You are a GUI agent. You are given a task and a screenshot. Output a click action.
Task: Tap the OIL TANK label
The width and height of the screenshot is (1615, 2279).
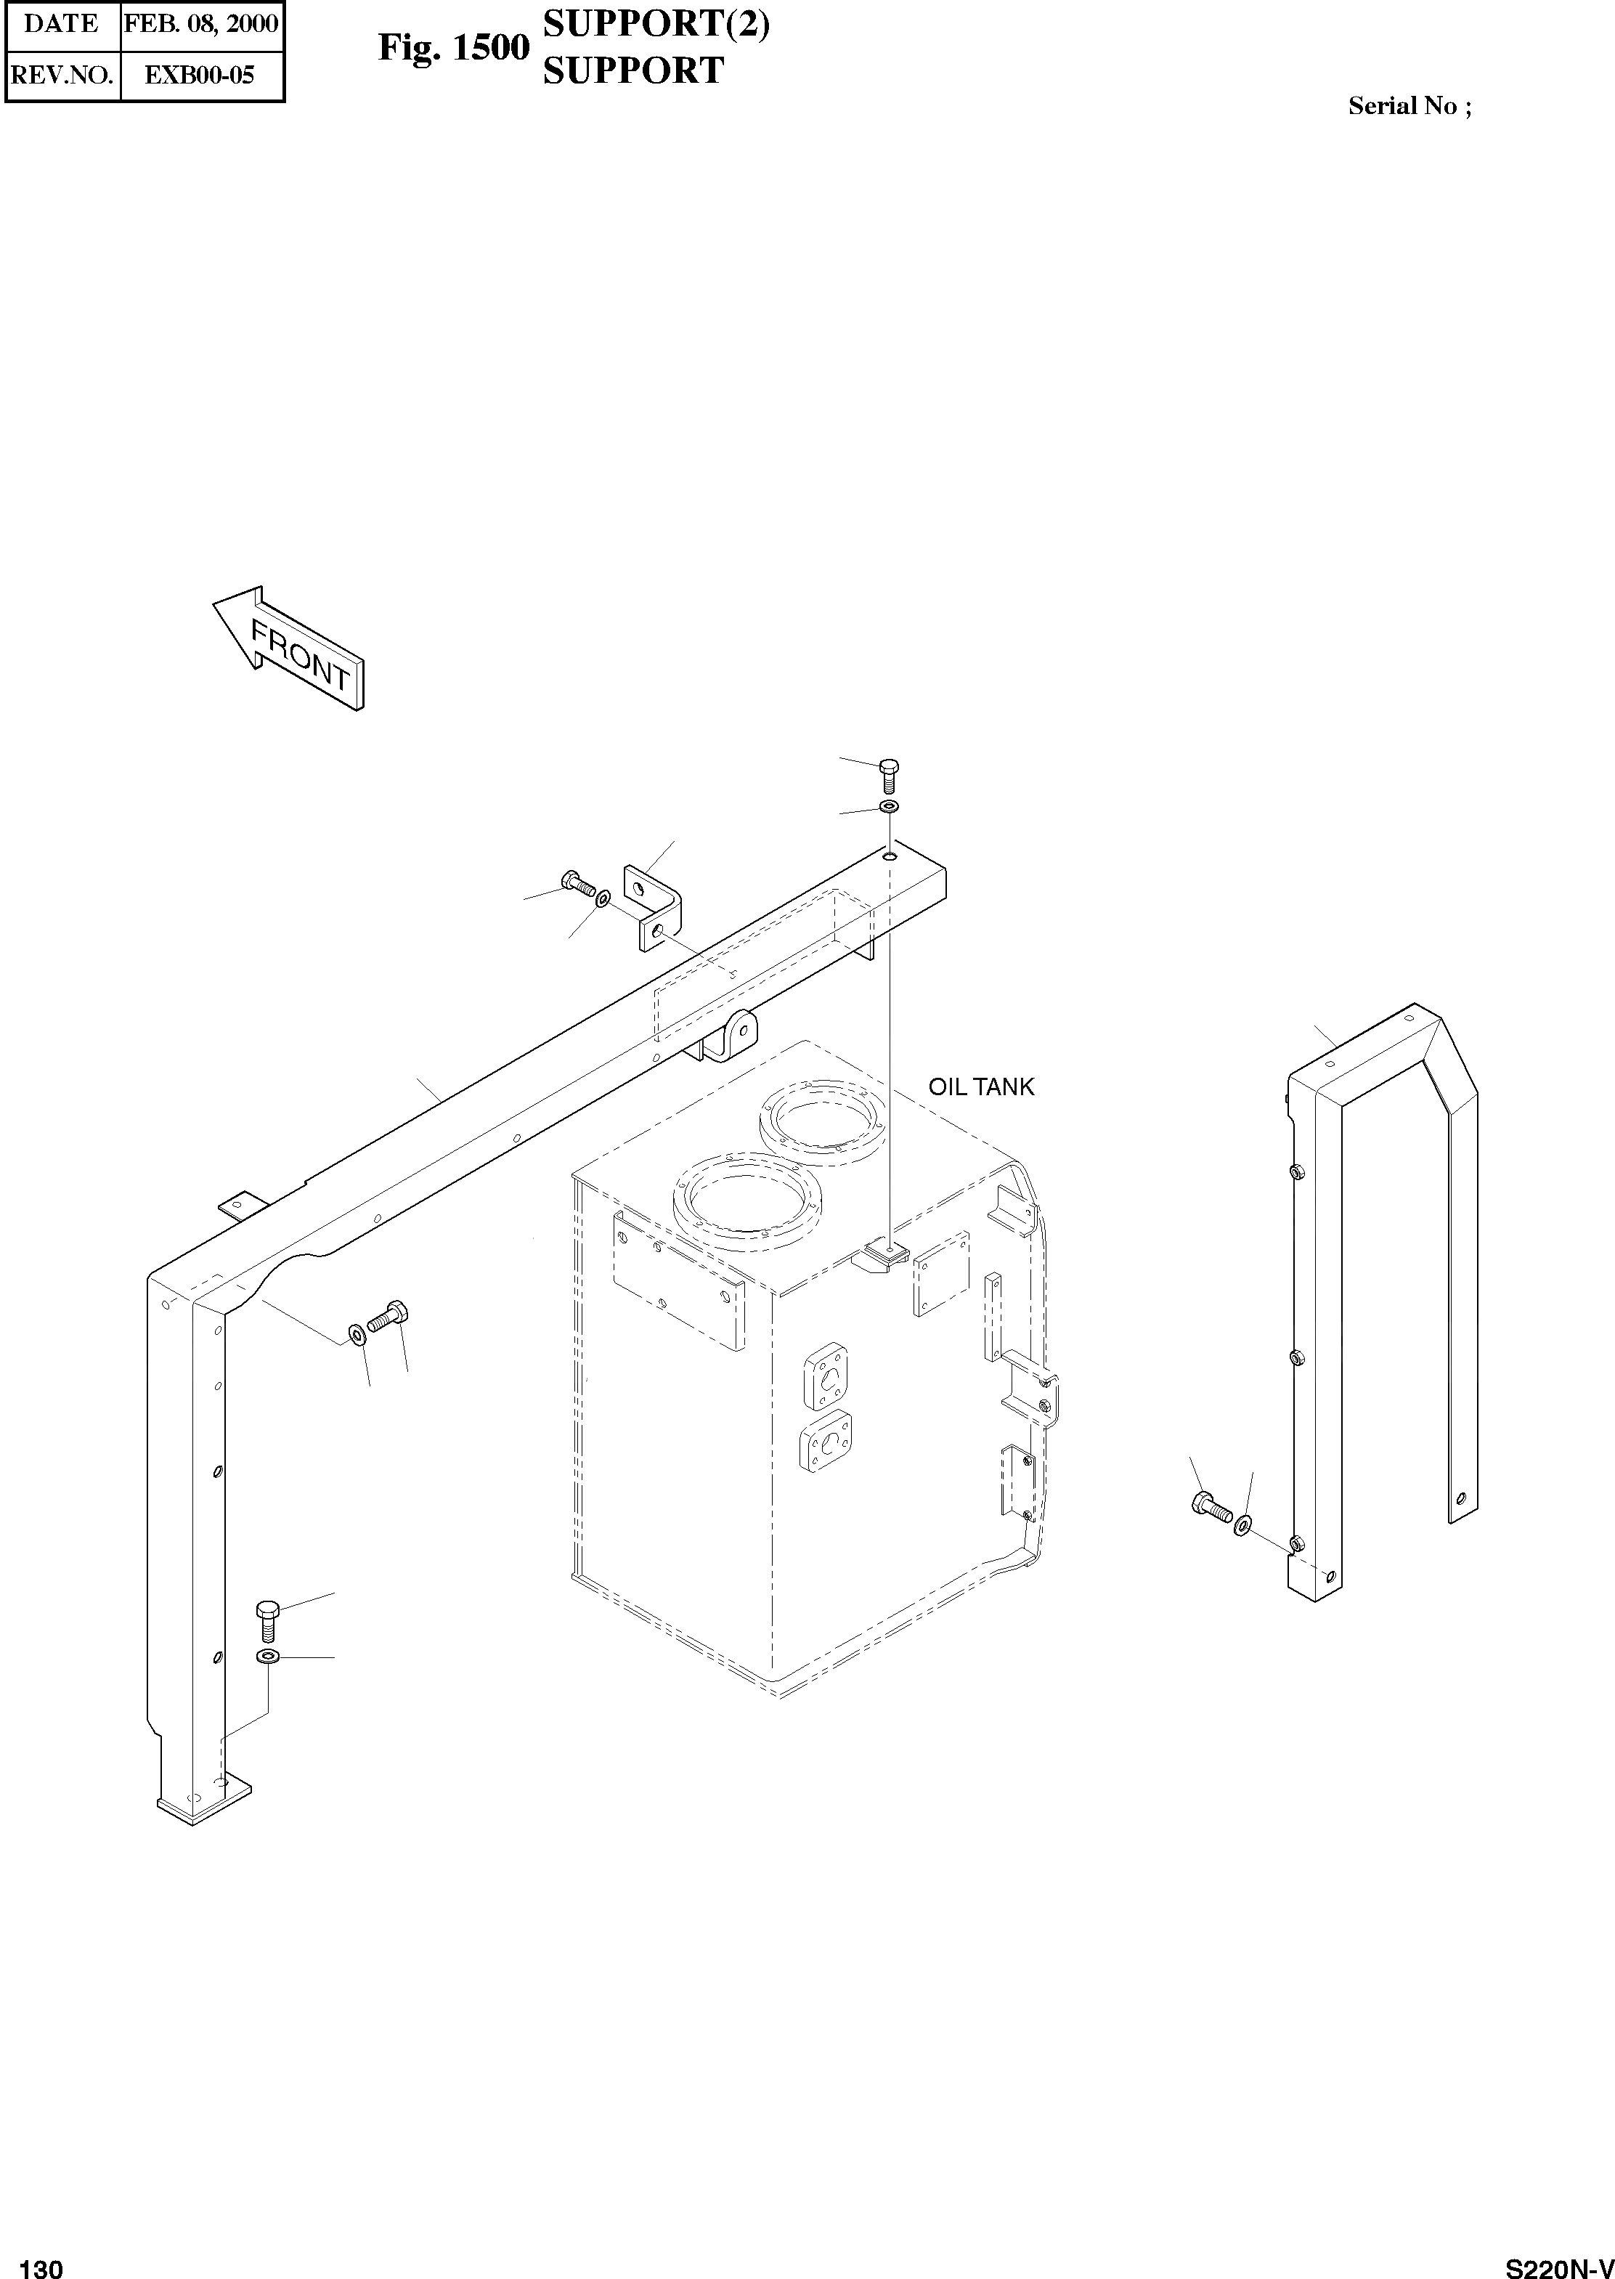(980, 1086)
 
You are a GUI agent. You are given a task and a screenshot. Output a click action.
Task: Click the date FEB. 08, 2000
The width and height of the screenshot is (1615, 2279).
(202, 24)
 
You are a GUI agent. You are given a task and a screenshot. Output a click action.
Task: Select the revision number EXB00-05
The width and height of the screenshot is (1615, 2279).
(201, 75)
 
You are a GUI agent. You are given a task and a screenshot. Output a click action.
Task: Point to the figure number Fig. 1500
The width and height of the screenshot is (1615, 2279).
(453, 48)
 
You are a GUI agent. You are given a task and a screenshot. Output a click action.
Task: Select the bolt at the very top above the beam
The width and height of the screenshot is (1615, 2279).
(890, 775)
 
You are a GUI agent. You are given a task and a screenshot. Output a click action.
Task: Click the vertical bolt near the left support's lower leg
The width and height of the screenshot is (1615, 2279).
(267, 1622)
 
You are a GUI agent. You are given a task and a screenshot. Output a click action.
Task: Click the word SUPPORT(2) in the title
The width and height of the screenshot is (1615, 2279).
(656, 25)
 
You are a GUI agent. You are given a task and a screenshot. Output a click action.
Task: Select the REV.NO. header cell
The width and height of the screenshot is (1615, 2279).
(62, 75)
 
